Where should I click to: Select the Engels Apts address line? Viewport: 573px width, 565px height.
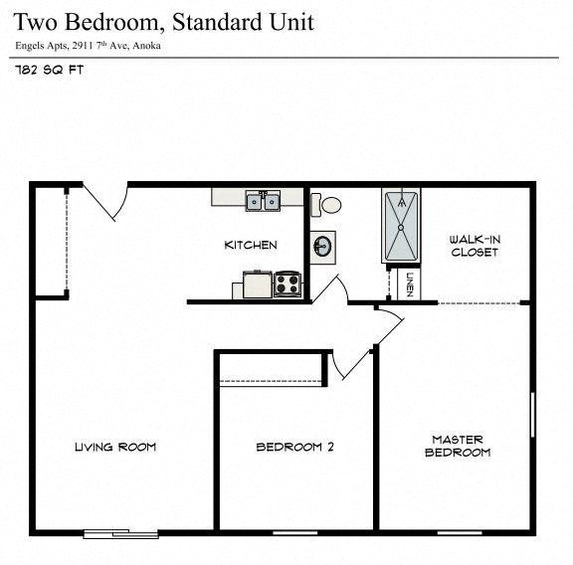tap(88, 46)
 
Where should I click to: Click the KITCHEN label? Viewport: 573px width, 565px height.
tap(250, 246)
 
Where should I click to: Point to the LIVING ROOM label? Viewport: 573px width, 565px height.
tap(115, 447)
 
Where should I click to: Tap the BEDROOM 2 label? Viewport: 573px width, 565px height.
tap(294, 448)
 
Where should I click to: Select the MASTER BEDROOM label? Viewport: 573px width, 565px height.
tap(458, 446)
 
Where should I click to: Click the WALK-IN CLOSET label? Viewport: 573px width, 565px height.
tap(474, 246)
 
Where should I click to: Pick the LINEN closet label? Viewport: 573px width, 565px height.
tap(410, 283)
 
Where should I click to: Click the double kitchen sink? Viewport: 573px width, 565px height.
tap(264, 202)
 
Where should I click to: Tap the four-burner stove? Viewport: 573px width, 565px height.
tap(287, 284)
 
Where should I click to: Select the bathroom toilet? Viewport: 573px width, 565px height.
tap(327, 205)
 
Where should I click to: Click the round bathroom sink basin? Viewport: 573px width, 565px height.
tap(322, 246)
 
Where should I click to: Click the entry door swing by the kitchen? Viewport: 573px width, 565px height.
tap(105, 204)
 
